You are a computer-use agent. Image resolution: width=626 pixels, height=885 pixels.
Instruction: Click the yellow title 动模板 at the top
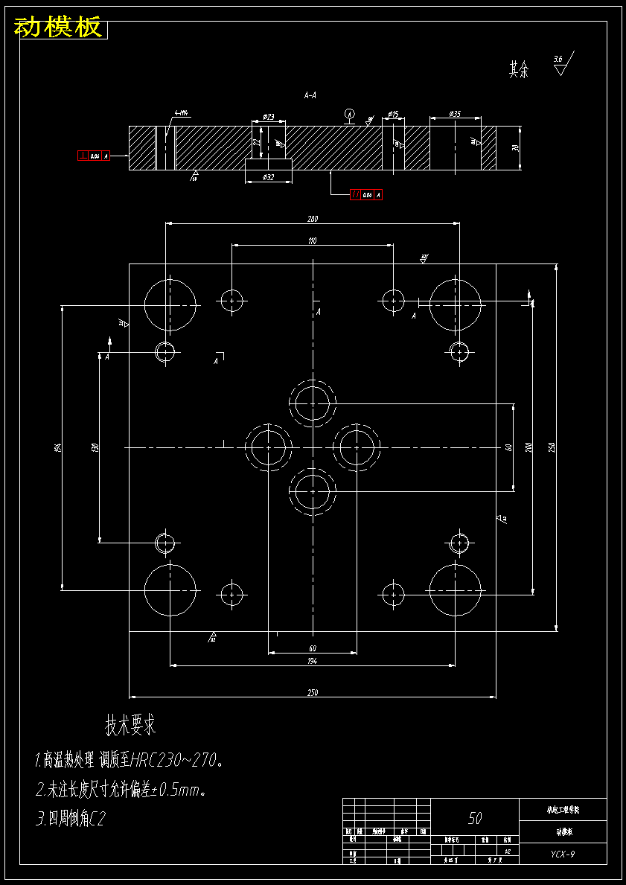pos(58,28)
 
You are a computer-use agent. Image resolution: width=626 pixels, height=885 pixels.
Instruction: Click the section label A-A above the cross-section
pos(310,95)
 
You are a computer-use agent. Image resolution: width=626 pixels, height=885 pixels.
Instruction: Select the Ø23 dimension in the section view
pos(269,117)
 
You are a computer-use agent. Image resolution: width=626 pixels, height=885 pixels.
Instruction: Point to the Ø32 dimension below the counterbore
pos(269,177)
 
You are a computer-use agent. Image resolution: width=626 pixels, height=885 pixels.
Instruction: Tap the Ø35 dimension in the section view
pos(455,114)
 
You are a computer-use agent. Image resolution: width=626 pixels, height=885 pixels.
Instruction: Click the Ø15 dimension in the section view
pos(393,114)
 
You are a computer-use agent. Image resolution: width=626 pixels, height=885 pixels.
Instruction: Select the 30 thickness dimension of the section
pos(515,148)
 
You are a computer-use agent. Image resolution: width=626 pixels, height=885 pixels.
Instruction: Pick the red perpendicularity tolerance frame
pos(95,156)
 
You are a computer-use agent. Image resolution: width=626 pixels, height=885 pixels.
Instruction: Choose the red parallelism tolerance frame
pos(366,195)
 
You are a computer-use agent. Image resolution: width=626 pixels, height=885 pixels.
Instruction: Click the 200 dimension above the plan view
pos(312,219)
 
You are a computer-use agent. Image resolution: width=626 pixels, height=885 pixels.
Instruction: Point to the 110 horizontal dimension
pos(312,240)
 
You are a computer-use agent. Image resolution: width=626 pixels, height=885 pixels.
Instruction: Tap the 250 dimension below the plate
pos(312,693)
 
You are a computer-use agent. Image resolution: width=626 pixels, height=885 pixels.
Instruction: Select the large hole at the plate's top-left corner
pos(170,304)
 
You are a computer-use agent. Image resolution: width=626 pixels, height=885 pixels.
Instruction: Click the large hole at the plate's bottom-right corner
pos(456,590)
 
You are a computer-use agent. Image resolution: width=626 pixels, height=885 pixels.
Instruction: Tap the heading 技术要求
pos(130,723)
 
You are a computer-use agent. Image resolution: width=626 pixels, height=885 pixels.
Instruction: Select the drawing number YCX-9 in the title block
pos(562,854)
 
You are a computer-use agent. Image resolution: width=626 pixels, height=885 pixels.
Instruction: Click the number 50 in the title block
pos(475,818)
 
